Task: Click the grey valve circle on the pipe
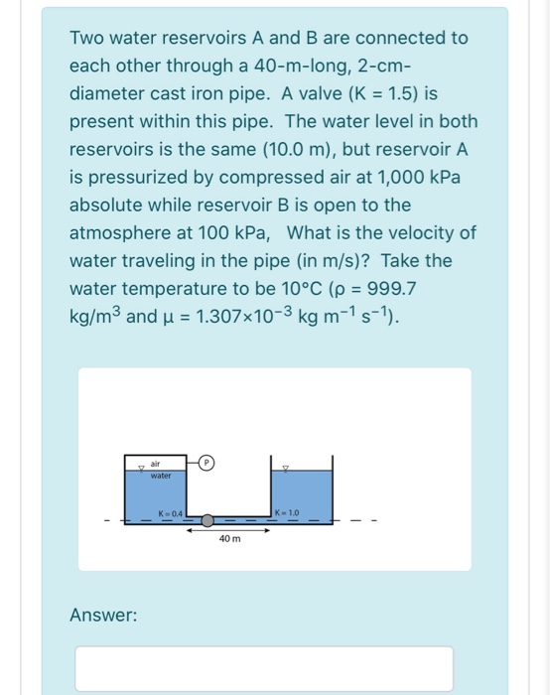pos(206,520)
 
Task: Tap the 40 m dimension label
pos(230,539)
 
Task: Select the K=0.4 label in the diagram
pos(169,512)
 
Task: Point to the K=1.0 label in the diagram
pos(287,512)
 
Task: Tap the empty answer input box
pos(263,667)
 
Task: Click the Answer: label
pos(103,616)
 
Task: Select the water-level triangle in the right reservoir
pos(287,468)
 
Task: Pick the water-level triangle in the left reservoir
pos(142,468)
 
